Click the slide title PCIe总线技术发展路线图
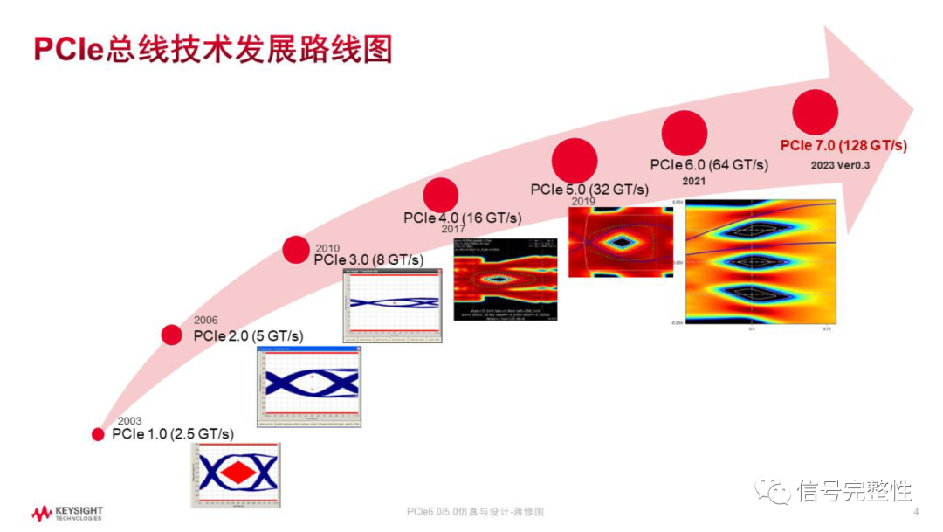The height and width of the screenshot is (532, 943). [212, 49]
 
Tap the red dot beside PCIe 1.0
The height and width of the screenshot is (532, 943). [98, 434]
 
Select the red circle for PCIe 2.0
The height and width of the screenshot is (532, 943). [172, 334]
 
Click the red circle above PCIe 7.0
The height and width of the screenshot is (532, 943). [815, 112]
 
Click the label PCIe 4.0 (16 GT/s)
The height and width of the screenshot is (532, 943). [462, 218]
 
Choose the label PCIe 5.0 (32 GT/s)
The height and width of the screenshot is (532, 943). [590, 190]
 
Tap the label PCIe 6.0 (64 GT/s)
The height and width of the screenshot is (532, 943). [709, 164]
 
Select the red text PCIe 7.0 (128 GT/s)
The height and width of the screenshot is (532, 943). [843, 145]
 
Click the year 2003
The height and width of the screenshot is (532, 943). [129, 421]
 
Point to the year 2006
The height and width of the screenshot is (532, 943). [206, 321]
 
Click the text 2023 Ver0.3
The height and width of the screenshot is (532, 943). [842, 164]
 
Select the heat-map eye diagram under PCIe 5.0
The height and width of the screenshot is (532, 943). [621, 242]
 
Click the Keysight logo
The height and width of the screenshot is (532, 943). [66, 512]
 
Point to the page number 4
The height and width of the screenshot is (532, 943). [915, 511]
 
